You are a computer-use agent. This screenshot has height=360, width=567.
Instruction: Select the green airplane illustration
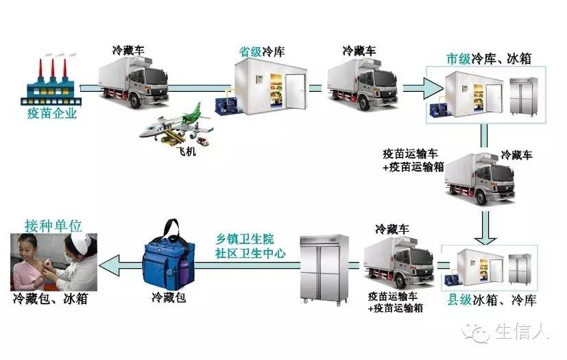[x=177, y=123]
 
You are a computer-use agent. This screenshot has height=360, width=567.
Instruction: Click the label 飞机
[x=185, y=152]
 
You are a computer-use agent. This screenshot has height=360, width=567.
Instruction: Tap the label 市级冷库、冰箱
[x=488, y=58]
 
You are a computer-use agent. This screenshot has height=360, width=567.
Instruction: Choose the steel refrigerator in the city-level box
[x=524, y=96]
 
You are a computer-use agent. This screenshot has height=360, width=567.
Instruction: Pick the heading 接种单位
[x=53, y=225]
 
